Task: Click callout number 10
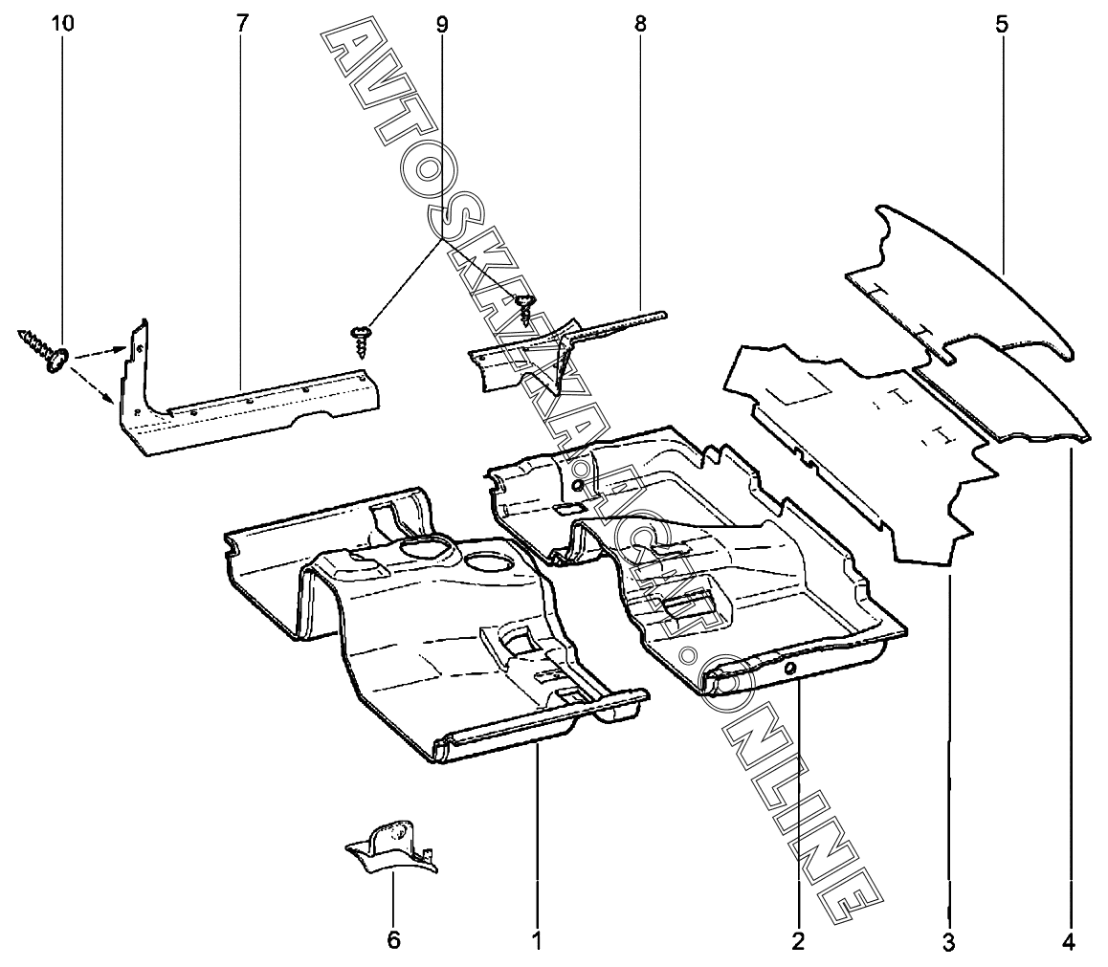coord(62,23)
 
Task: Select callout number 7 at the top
coord(242,23)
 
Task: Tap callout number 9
coord(442,25)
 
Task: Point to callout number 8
coord(640,24)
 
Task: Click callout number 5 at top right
coord(1002,24)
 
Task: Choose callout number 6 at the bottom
coord(393,940)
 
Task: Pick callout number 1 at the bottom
coord(537,941)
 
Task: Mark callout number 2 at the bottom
coord(799,941)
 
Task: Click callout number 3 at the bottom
coord(948,941)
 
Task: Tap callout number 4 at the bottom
coord(1069,941)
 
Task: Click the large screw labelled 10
coord(42,349)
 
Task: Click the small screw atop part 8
coord(524,307)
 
